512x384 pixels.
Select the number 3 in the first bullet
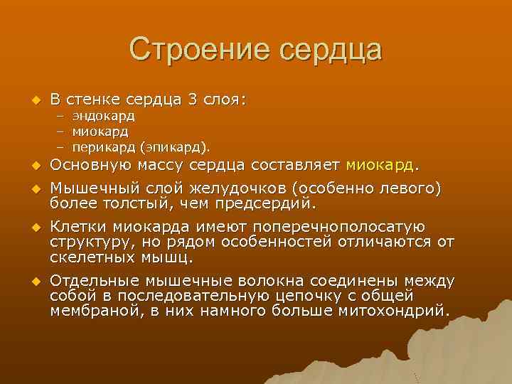tap(192, 100)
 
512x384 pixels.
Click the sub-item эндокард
tap(102, 116)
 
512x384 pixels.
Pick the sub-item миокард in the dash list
tap(100, 132)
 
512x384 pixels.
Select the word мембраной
tap(92, 310)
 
